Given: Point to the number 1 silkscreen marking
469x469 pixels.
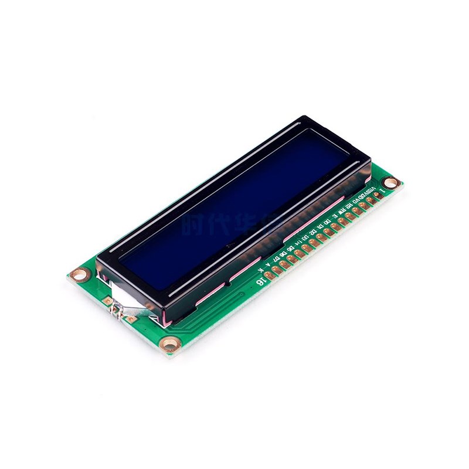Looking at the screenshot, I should tap(382, 191).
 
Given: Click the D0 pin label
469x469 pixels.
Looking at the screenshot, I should tap(327, 222).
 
